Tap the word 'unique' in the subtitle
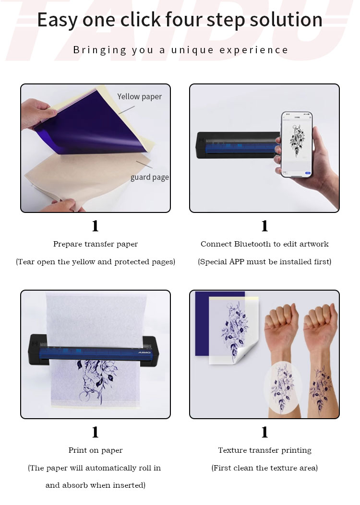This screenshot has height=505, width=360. [x=192, y=50]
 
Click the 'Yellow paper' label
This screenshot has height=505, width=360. [x=139, y=96]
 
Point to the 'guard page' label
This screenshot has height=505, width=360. [x=150, y=177]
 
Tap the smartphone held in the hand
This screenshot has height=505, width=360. [x=297, y=144]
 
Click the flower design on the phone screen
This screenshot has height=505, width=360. [x=297, y=141]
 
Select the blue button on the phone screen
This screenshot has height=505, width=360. [x=308, y=173]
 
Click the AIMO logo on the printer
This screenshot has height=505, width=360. [x=144, y=352]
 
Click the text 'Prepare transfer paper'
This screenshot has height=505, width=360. [x=96, y=244]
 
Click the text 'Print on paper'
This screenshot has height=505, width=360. [x=96, y=450]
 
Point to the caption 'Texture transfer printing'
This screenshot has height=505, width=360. [x=264, y=450]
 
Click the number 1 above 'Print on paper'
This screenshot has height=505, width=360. [x=95, y=432]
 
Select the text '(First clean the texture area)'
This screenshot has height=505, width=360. [x=264, y=468]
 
